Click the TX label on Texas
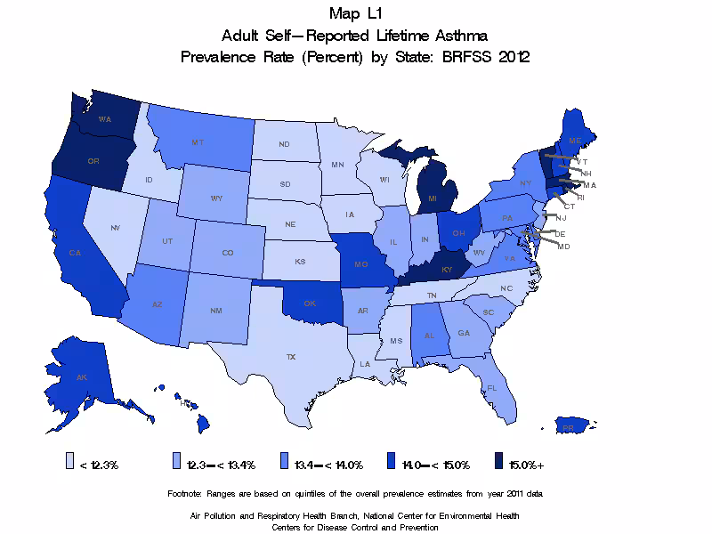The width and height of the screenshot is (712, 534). coord(290,356)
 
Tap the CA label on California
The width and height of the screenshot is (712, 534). coord(75,253)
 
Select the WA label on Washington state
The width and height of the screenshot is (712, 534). coord(104,119)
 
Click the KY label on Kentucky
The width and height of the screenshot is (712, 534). coord(446,269)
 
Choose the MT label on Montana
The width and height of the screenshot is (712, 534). coord(198,142)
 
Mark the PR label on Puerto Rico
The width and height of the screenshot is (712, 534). coord(568,427)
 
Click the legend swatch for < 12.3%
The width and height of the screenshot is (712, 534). coord(70,463)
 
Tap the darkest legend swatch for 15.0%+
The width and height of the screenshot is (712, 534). coord(499,463)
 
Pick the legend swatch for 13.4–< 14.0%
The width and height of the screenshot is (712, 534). coord(285,463)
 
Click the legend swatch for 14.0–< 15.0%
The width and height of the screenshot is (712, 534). coord(392,463)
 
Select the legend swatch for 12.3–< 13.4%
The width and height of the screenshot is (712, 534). coord(177,463)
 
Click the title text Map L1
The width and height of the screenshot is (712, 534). coord(355,12)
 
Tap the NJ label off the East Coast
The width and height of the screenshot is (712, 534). coord(561,218)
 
